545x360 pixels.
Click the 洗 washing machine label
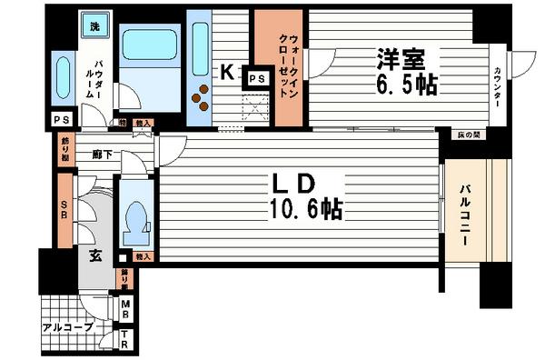click(x=94, y=26)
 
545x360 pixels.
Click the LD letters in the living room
click(x=293, y=181)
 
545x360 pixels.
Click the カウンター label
click(x=500, y=83)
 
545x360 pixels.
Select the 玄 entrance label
click(x=94, y=255)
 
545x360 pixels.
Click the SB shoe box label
click(x=64, y=211)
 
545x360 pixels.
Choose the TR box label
click(x=126, y=335)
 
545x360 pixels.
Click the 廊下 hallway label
click(x=101, y=155)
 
